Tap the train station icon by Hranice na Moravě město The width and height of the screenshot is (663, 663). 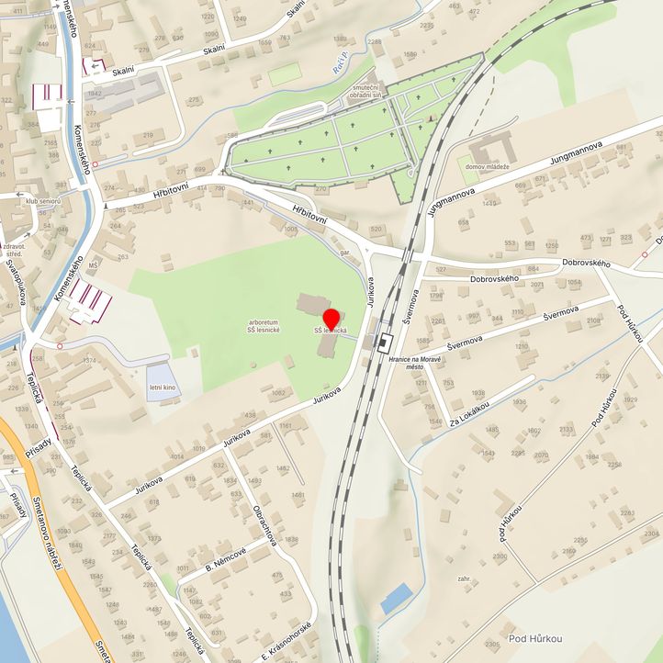point(384,338)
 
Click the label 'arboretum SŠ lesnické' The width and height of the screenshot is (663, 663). point(264,325)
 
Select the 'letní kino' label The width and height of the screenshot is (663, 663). point(163,389)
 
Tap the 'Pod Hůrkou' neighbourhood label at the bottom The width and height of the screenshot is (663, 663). point(535,638)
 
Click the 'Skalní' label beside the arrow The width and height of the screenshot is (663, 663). point(123,70)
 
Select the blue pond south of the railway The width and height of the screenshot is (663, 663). point(397,599)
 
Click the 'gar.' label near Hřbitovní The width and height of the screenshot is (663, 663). point(346,252)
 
